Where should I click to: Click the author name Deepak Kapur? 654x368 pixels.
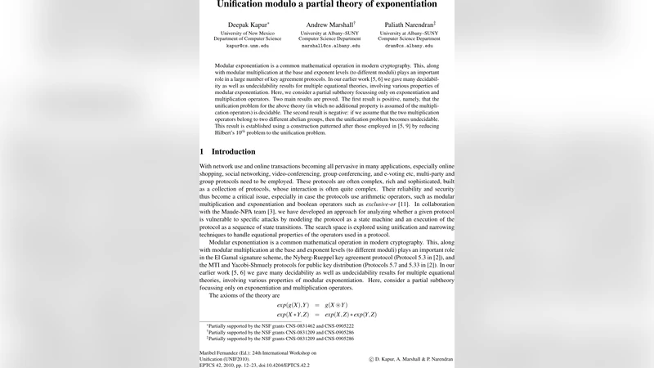pos(247,25)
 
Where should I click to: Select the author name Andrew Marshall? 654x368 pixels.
pos(329,25)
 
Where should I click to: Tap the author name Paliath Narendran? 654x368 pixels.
pos(410,25)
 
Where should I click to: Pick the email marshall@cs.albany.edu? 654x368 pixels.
pos(329,46)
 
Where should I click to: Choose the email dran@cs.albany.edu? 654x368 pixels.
pos(410,46)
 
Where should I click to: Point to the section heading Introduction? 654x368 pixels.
pos(234,151)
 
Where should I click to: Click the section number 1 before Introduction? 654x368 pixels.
pos(202,151)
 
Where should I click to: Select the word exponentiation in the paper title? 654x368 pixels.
pos(405,4)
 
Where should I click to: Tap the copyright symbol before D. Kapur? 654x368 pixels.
pos(371,358)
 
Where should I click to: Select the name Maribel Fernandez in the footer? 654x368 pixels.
pos(225,352)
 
